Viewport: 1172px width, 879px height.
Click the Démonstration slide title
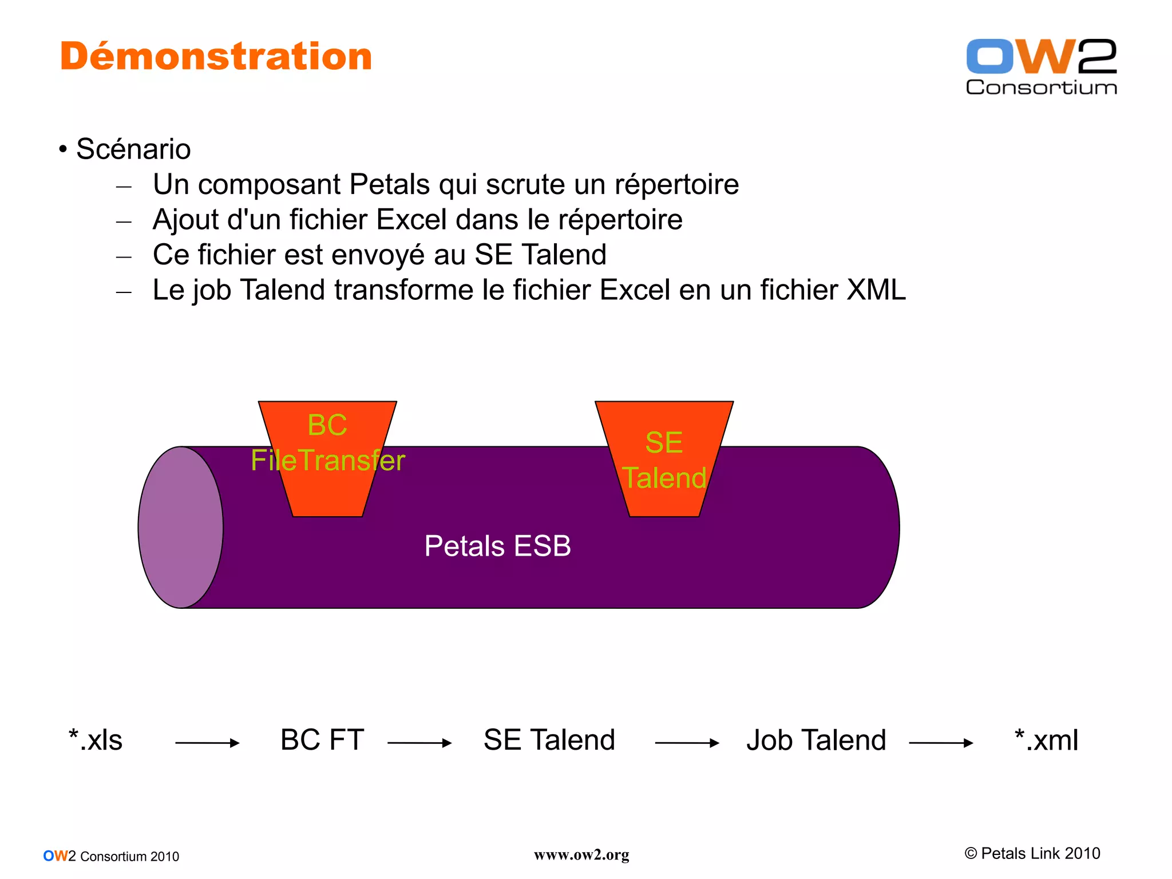coord(216,57)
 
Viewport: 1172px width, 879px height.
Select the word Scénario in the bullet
coord(133,149)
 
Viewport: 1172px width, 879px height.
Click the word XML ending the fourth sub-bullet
coord(876,290)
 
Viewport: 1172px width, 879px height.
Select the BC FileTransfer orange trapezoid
coord(327,486)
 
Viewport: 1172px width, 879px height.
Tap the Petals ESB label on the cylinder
coord(497,546)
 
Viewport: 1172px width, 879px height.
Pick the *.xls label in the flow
coord(96,740)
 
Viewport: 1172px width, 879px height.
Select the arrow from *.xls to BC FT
coord(207,743)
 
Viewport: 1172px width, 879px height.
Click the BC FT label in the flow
coord(322,740)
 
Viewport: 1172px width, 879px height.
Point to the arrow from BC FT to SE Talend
coord(419,743)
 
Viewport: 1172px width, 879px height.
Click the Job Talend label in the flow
coord(816,740)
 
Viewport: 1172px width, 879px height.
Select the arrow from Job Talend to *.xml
coord(941,743)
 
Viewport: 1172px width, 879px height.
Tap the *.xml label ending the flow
coord(1046,740)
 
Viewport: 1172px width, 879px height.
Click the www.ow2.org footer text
coord(581,855)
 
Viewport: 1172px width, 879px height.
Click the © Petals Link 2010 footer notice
coord(1032,853)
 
